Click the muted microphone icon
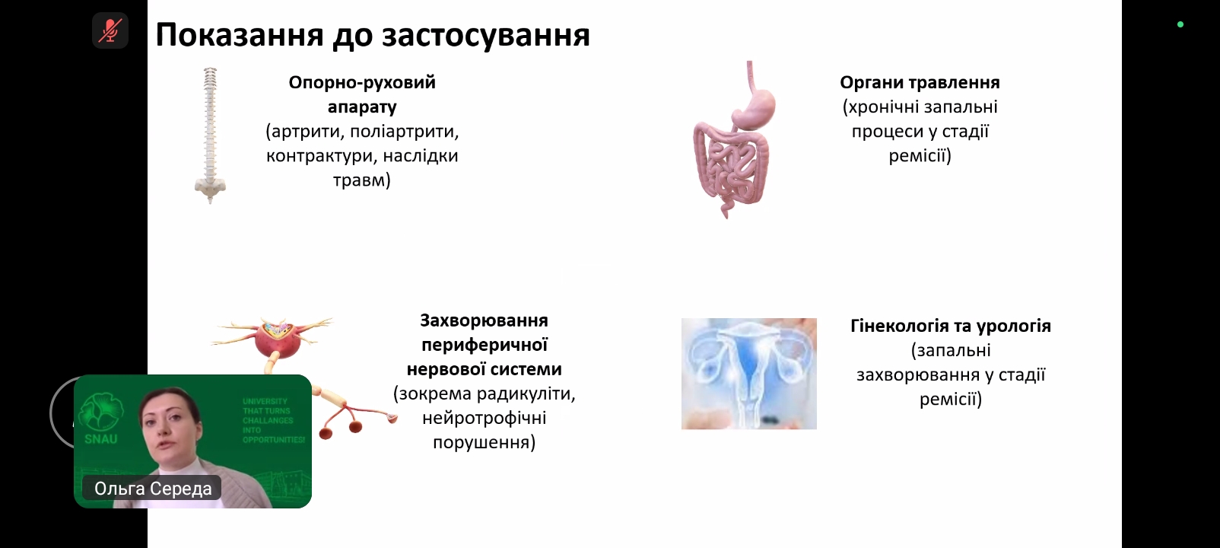point(110,30)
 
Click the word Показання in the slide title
point(240,36)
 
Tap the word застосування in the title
point(486,36)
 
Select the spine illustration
point(210,135)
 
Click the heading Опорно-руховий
point(362,83)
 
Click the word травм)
point(362,180)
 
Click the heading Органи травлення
point(920,83)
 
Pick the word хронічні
point(893,107)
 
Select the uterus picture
point(749,374)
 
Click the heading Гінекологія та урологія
point(951,326)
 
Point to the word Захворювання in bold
point(485,320)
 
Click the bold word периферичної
point(485,345)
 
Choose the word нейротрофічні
point(485,418)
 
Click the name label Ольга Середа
point(152,489)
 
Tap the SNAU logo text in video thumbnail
point(100,439)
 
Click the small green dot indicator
point(1180,24)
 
